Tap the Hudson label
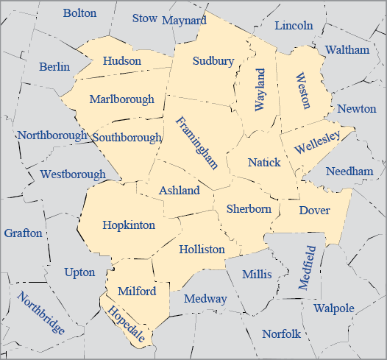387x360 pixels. pos(122,61)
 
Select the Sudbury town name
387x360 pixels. pos(213,61)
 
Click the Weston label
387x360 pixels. pos(302,91)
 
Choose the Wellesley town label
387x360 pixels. pos(316,141)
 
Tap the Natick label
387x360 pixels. pos(264,162)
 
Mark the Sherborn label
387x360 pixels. pos(249,209)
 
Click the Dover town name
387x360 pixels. pos(314,211)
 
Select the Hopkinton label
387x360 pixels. pos(129,225)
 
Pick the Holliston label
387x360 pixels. pos(202,250)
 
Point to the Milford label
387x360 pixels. pos(137,292)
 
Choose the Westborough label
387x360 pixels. pos(73,174)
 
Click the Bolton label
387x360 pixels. pos(79,13)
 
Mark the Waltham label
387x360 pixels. pos(347,50)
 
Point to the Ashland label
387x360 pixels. pos(180,191)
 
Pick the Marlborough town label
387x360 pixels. pos(122,99)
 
